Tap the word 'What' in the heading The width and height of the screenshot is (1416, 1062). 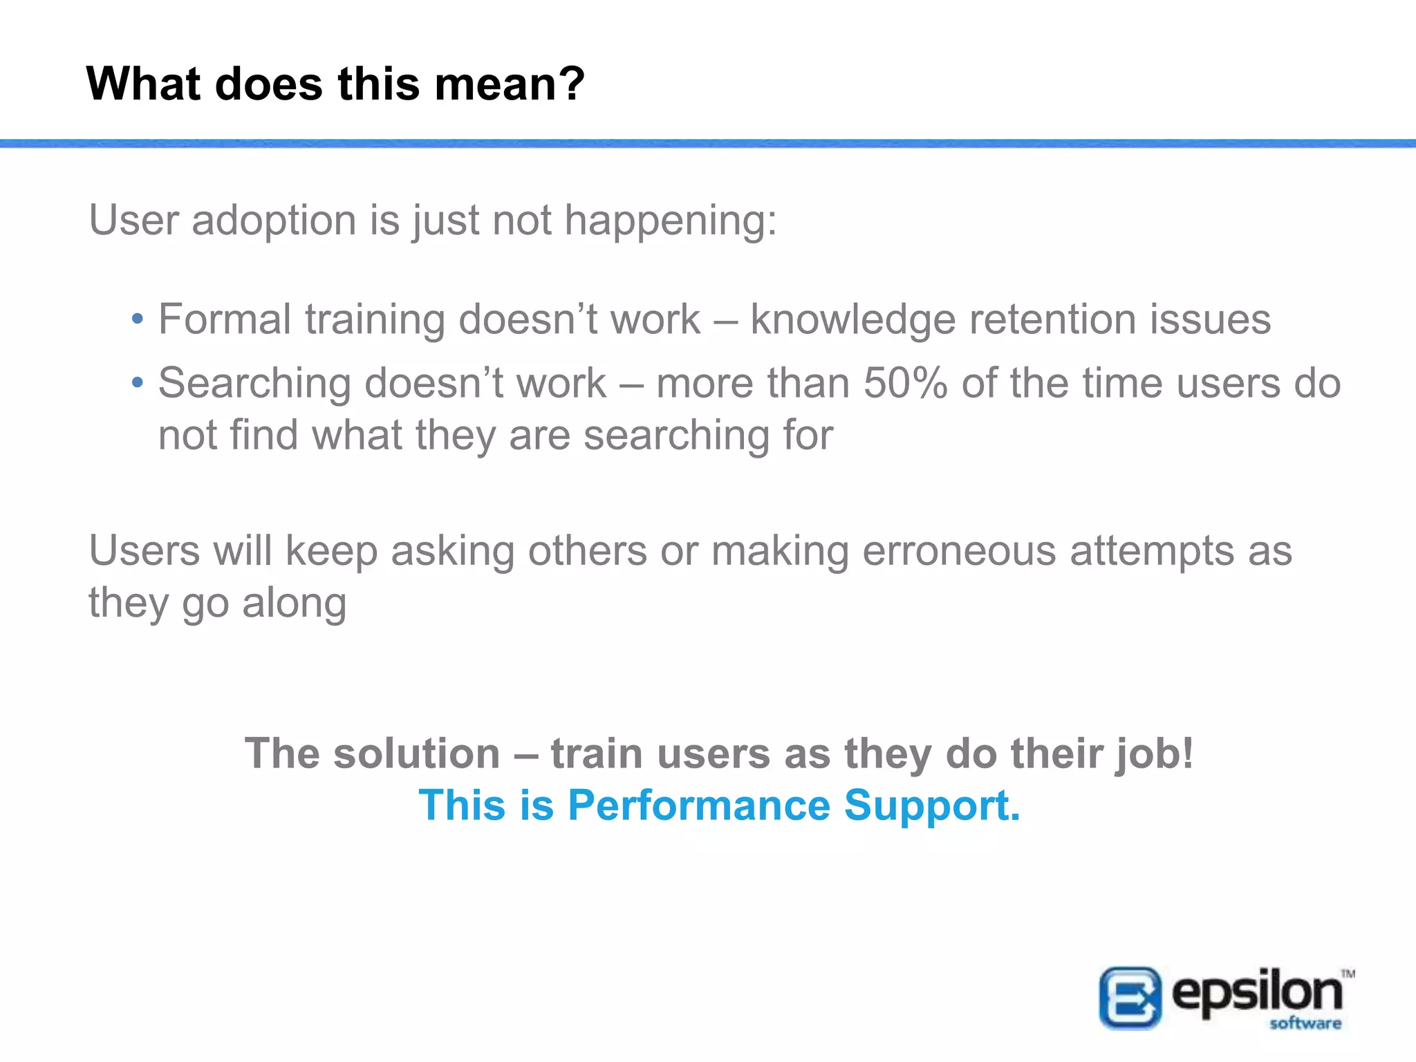pos(143,84)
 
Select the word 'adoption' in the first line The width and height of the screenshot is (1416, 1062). pos(274,221)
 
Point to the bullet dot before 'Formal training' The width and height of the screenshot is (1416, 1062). pos(138,319)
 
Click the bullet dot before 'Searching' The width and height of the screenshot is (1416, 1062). pos(138,382)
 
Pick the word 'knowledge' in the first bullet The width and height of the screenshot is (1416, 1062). pos(853,320)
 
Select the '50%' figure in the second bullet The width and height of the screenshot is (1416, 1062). pos(905,383)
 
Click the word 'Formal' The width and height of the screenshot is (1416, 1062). pos(225,320)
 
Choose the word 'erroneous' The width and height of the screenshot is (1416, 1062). pos(959,551)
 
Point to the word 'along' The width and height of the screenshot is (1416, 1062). pos(294,603)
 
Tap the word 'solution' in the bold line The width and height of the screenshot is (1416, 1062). pos(417,753)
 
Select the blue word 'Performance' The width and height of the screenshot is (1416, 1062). pos(699,806)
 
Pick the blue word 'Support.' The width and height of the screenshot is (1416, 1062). pos(932,806)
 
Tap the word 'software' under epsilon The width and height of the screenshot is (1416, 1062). pos(1305,1023)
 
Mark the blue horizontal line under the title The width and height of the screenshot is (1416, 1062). pos(708,144)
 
